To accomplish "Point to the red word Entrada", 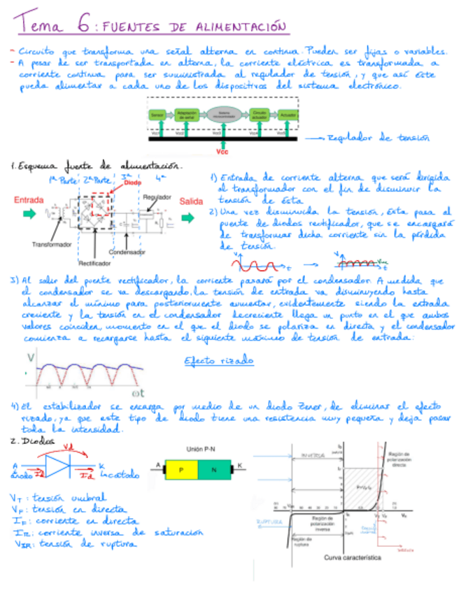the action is point(30,200).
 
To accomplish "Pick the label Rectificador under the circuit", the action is point(94,264).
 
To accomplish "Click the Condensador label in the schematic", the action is point(127,252).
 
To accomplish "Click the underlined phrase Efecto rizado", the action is point(219,361).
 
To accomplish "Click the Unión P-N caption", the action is point(202,449).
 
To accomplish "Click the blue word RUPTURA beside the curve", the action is point(269,521).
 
